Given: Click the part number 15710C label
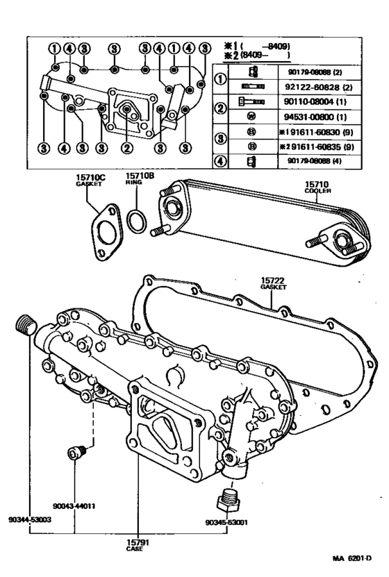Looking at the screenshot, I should click(x=90, y=178).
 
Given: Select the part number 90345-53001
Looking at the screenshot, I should click(x=226, y=522).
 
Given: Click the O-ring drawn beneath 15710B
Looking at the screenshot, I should click(x=137, y=221).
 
